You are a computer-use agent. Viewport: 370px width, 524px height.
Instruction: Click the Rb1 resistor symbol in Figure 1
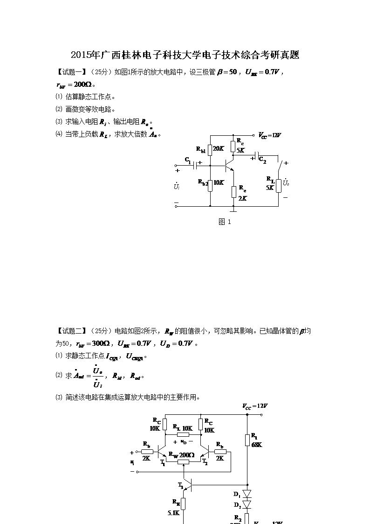tap(210, 149)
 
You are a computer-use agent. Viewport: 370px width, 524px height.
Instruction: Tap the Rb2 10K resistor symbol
tap(210, 183)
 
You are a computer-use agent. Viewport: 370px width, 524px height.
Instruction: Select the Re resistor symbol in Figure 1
tap(234, 191)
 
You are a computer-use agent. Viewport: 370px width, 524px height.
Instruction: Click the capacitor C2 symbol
tap(256, 155)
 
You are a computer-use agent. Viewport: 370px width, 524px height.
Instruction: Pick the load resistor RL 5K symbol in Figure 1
tap(278, 185)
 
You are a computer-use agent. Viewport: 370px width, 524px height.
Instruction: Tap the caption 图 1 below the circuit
tap(225, 222)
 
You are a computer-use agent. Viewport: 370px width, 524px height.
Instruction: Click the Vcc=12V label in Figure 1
tap(270, 135)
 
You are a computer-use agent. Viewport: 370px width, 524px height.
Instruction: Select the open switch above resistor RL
tap(280, 165)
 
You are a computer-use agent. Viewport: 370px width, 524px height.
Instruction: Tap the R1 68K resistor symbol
tap(247, 440)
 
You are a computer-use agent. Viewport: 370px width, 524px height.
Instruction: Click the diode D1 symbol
tap(247, 494)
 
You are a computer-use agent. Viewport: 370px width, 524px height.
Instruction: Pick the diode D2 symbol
tap(247, 504)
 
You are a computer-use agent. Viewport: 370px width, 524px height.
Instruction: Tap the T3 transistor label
tap(180, 485)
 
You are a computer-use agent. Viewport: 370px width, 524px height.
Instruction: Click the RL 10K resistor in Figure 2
tap(182, 434)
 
